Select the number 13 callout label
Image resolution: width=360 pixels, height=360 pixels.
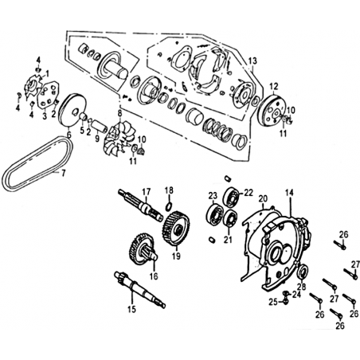pos(252,61)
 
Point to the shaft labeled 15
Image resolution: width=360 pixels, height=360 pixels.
pos(139,289)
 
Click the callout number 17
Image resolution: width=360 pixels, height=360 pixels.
pos(146,192)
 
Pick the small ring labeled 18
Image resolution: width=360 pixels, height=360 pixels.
pos(169,206)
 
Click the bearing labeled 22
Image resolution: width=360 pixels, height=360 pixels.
pos(232,198)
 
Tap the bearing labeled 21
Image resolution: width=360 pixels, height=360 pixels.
pos(230,220)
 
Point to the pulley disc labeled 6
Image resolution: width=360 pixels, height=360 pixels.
pos(72,111)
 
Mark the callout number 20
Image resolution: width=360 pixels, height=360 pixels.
pos(263,198)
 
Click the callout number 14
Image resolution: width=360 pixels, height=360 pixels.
pos(289,193)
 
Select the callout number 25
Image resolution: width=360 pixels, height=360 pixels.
pos(273,302)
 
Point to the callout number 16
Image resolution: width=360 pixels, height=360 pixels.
pos(154,276)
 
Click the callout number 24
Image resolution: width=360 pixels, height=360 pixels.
pos(296,294)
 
